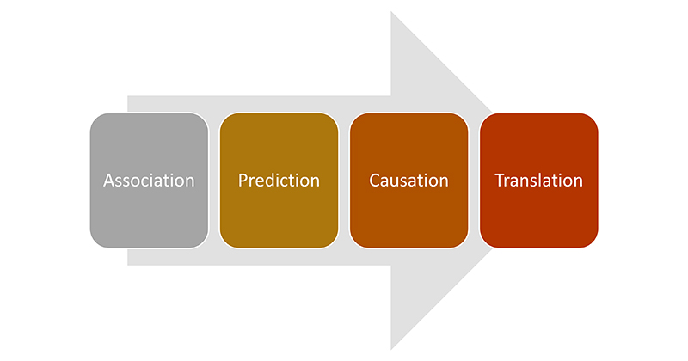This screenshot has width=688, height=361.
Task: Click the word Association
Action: point(149,180)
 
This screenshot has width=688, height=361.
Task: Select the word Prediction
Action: point(279,180)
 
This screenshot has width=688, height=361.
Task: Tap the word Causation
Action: point(408,180)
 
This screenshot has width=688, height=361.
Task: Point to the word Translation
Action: point(538,180)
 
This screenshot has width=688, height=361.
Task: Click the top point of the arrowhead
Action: point(392,14)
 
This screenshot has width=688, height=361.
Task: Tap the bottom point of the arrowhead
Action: point(392,347)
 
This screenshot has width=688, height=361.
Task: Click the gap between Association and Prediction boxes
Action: point(214,180)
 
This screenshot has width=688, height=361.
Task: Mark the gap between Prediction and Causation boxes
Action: point(344,180)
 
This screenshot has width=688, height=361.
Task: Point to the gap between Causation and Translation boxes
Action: point(474,180)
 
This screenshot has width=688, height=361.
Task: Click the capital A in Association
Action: point(108,180)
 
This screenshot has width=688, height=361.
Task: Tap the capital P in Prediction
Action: point(243,180)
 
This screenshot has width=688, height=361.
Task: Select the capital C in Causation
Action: point(374,180)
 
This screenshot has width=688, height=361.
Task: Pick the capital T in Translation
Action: point(499,180)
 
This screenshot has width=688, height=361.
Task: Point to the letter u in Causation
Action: point(396,181)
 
